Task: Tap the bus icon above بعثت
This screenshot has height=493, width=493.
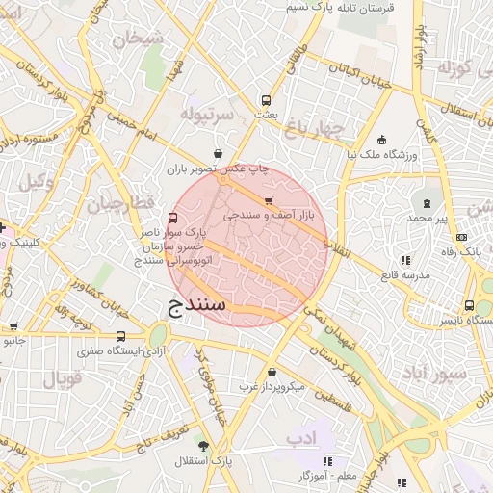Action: (266, 99)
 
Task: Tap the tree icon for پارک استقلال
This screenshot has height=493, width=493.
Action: (203, 446)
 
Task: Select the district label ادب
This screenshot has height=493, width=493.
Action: (302, 438)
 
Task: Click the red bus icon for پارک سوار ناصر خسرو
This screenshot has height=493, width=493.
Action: (172, 219)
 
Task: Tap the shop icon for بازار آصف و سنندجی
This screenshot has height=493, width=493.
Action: (269, 201)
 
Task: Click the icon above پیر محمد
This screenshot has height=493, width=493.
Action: (428, 203)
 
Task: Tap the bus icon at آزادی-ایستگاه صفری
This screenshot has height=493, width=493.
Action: (120, 336)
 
